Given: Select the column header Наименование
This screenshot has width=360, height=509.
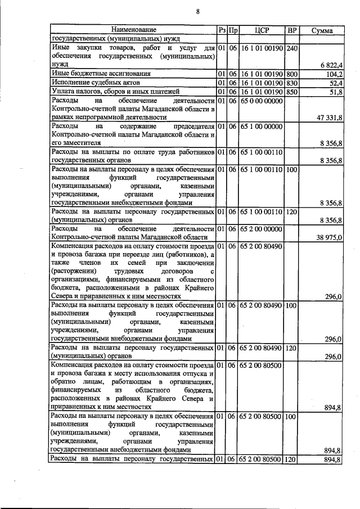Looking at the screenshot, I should click(x=133, y=30).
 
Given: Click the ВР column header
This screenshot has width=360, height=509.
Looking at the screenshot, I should click(x=291, y=30).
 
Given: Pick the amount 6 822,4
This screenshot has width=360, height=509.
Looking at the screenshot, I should click(x=331, y=66).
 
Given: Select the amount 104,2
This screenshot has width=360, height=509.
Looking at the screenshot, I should click(x=334, y=74).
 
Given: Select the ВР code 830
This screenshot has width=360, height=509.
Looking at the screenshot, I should click(x=291, y=83).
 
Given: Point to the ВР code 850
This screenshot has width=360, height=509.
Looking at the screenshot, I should click(x=291, y=91).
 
